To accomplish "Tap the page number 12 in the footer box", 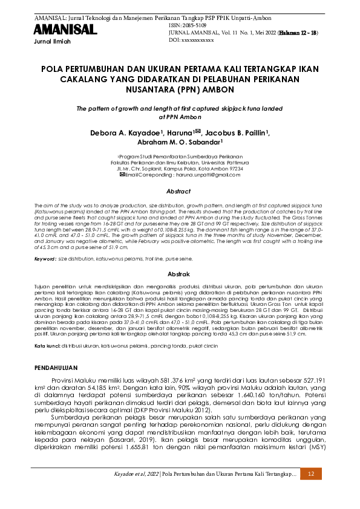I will pos(311,475).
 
